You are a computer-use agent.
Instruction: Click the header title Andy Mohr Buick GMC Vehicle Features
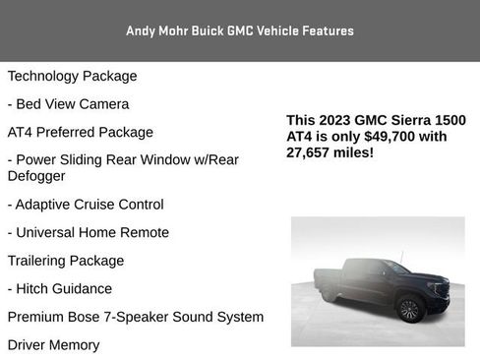point(240,30)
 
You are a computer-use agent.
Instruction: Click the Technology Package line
point(72,76)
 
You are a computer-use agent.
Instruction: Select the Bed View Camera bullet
point(68,103)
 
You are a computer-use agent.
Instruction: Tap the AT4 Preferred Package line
point(80,132)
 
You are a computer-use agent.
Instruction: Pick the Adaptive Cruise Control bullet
point(86,205)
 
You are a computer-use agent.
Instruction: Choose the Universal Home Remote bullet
point(88,232)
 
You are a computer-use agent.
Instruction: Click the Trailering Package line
point(66,261)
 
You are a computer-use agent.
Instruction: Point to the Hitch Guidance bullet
point(60,288)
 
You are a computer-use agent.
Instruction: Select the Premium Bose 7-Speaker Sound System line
point(135,317)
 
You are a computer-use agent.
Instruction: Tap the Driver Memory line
point(53,345)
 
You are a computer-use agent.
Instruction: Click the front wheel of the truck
point(410,311)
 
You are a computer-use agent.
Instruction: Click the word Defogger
point(36,176)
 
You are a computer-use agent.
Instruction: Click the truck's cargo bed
point(330,277)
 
